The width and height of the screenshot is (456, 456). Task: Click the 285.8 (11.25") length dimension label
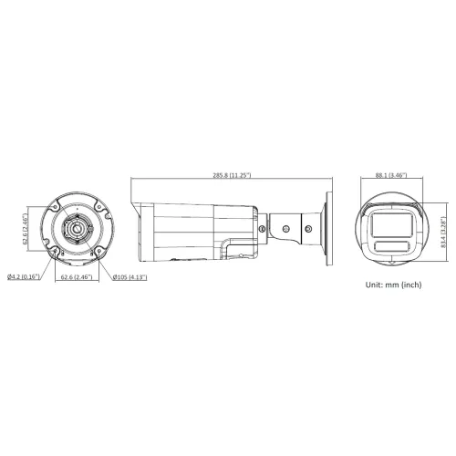(232, 175)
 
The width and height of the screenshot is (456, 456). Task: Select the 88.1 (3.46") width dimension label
(391, 175)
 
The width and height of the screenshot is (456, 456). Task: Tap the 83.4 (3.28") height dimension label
(443, 232)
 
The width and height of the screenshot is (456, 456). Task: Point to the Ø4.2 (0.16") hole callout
(24, 276)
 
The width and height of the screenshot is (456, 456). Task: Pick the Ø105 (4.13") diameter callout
(130, 277)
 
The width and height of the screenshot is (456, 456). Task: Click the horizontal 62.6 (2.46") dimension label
(77, 277)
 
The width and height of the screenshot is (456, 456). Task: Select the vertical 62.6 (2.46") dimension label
(25, 229)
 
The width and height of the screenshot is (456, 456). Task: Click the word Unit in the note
(374, 285)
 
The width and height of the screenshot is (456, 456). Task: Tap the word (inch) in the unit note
(411, 285)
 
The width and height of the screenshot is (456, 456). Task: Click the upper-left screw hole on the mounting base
(55, 207)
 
